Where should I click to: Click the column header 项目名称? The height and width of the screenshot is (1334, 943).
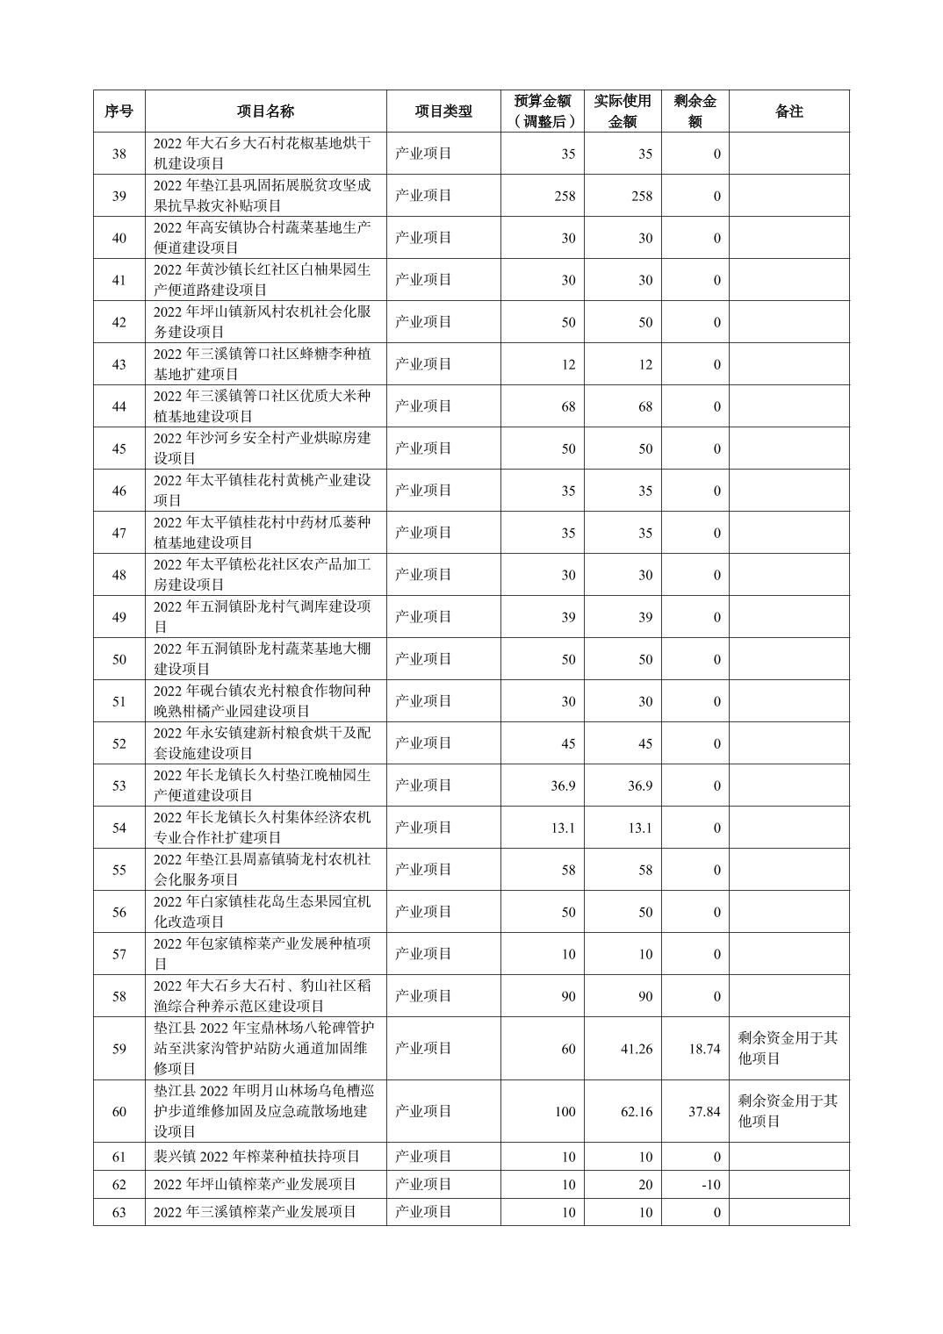(265, 111)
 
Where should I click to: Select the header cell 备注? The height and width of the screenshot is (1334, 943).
(788, 111)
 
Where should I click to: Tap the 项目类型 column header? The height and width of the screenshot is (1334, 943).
(443, 111)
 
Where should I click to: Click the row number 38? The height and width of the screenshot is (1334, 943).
(119, 154)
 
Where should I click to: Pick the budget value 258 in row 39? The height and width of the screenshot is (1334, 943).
(565, 196)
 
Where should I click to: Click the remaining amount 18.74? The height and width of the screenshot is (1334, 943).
(704, 1049)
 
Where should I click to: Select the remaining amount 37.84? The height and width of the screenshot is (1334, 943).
(704, 1112)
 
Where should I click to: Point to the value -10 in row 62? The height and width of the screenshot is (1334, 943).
(710, 1185)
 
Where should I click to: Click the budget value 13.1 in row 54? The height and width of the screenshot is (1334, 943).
(563, 828)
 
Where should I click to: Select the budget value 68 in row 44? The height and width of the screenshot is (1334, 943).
(568, 406)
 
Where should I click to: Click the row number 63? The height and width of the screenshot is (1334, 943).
(119, 1212)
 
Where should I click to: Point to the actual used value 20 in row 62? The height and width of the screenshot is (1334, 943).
(644, 1185)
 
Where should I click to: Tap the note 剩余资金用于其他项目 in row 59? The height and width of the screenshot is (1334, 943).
(788, 1048)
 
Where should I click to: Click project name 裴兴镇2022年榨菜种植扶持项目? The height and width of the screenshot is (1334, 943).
(256, 1157)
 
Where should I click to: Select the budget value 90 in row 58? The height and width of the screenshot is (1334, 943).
(568, 996)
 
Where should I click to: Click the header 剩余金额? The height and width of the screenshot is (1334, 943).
(695, 111)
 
